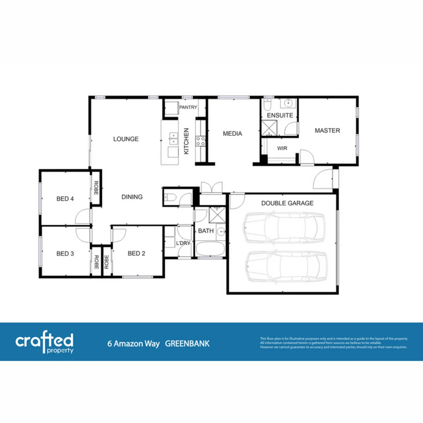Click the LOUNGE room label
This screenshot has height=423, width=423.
[x=126, y=139]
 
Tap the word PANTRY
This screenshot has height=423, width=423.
[x=188, y=107]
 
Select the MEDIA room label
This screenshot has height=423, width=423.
[x=232, y=134]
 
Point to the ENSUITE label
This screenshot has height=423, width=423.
[x=280, y=116]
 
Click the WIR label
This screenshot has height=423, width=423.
[x=282, y=148]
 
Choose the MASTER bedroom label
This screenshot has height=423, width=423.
[x=327, y=130]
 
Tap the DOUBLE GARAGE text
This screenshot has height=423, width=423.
[x=287, y=203]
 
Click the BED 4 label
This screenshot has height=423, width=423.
[x=65, y=198]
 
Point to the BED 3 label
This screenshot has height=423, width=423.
[x=65, y=253]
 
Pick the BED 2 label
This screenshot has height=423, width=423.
[x=136, y=253]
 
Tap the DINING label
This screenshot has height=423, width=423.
[x=132, y=197]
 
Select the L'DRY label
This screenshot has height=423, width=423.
[x=183, y=243]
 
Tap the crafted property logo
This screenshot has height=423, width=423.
[x=44, y=343]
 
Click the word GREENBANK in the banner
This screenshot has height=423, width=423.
[x=187, y=344]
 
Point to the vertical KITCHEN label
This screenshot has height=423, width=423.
[x=186, y=141]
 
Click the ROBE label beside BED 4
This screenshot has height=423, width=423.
[x=96, y=189]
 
